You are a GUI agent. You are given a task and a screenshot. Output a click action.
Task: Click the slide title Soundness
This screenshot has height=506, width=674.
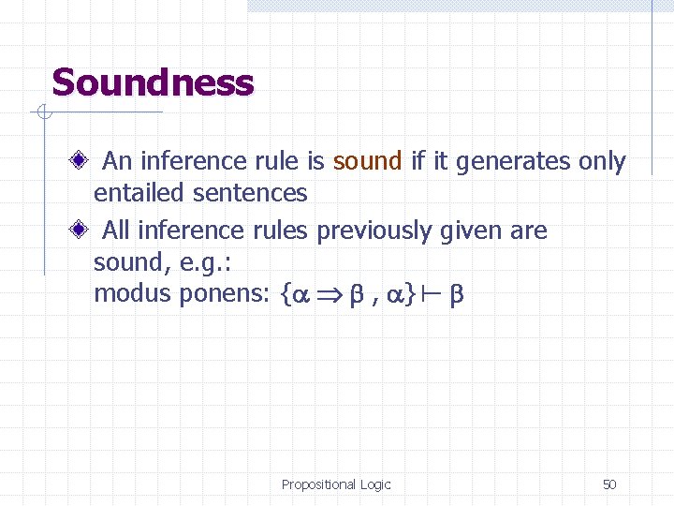(x=153, y=82)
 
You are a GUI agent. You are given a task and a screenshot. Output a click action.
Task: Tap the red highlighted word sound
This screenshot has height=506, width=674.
(x=367, y=161)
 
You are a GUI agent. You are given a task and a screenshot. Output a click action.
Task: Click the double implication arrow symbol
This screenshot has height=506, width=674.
(x=327, y=294)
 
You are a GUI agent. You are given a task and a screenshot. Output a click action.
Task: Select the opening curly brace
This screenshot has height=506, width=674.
(x=284, y=294)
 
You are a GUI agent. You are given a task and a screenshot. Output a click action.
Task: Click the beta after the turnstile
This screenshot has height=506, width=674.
(x=456, y=294)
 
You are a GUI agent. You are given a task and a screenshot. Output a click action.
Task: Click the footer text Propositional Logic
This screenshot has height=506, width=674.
(x=336, y=484)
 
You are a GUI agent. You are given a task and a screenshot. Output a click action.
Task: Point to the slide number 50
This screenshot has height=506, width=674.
(x=609, y=484)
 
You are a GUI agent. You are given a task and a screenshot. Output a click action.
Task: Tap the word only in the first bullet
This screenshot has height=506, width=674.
(x=602, y=161)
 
